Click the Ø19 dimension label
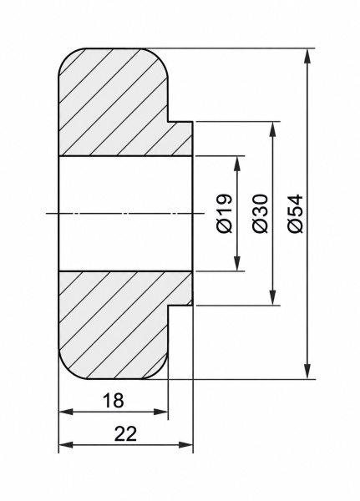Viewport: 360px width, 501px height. (x=224, y=213)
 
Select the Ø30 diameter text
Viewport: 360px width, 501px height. (x=260, y=213)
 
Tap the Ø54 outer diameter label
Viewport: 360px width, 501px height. (x=295, y=213)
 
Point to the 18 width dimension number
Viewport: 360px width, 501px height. (x=114, y=400)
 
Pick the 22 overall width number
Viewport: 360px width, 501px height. (x=125, y=433)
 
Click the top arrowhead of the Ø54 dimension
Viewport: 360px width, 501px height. (x=307, y=56)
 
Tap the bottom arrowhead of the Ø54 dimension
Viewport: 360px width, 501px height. (x=307, y=372)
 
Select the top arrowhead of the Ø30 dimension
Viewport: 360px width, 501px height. (x=272, y=129)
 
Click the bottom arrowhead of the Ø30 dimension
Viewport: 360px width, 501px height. (x=272, y=297)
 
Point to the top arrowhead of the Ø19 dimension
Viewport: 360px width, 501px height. (x=237, y=164)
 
